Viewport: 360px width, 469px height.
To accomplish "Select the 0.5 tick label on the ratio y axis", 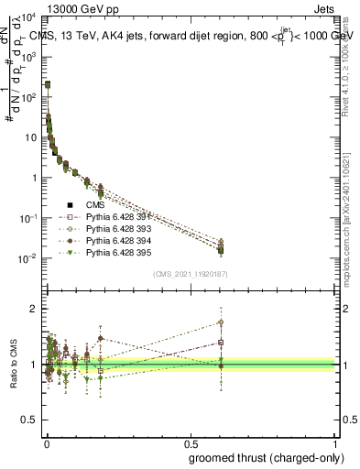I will click(28, 420).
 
